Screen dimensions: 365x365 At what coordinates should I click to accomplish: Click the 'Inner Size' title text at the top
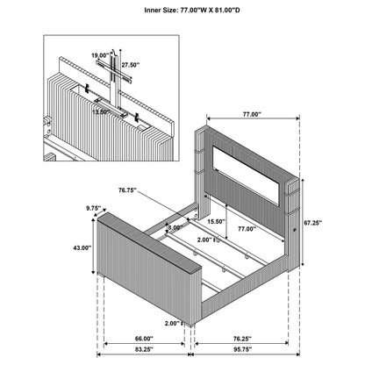pos(192,11)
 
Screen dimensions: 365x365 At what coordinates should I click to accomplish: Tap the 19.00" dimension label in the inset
pos(100,55)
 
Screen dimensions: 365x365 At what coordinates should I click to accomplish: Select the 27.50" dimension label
pos(131,65)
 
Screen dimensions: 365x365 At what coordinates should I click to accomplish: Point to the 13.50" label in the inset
pos(101,111)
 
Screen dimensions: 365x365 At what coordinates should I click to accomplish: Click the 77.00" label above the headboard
pos(252,114)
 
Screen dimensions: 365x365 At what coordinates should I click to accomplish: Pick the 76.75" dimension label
pos(128,190)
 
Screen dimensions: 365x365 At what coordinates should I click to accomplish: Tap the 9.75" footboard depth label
pos(93,208)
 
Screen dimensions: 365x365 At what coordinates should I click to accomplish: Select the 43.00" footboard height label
pos(82,247)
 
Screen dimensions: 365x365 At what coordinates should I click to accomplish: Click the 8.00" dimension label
pos(175,227)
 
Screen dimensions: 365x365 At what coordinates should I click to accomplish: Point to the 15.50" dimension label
pos(216,221)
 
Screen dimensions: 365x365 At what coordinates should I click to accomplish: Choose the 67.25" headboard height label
pos(312,223)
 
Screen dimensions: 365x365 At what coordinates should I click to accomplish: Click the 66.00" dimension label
pos(144,339)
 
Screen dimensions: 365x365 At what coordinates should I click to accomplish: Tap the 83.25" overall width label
pos(144,349)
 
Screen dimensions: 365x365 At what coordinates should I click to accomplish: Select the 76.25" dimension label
pos(242,339)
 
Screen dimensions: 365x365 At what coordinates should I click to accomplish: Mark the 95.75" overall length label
pos(242,349)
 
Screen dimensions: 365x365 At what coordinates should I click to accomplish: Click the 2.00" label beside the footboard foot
pos(172,323)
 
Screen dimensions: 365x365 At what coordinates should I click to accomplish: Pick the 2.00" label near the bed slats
pos(204,240)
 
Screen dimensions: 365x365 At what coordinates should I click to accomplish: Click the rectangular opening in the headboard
pos(246,175)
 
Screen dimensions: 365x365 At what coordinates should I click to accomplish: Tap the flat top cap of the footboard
pos(149,242)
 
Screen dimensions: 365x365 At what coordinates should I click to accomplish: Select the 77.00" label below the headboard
pos(247,229)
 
